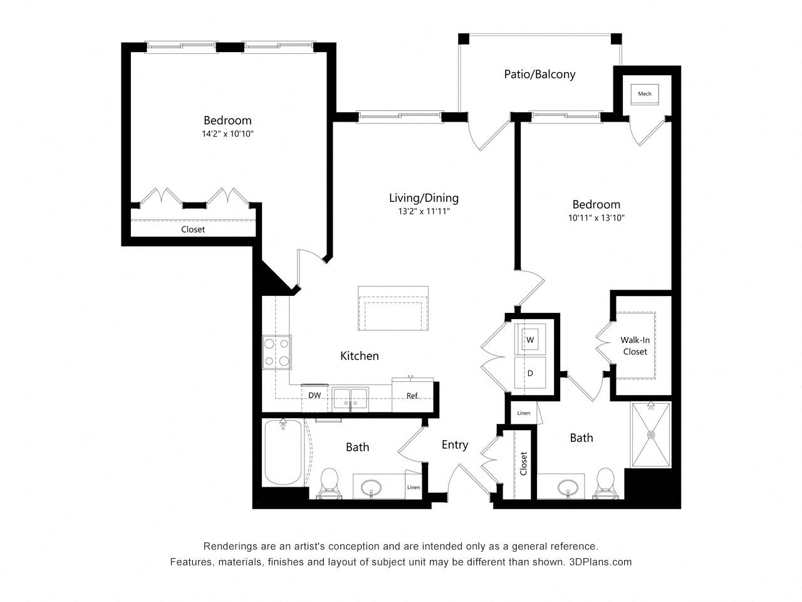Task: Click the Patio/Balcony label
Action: coord(539,74)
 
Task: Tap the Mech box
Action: coord(645,94)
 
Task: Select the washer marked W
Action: coord(530,339)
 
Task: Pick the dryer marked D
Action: coord(530,373)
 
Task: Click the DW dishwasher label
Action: coord(315,395)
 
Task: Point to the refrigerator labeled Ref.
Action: coord(412,396)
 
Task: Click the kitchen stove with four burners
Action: coord(276,352)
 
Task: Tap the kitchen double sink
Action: coord(350,399)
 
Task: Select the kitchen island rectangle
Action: coord(393,308)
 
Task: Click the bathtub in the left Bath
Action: coord(283,452)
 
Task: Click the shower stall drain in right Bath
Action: coord(651,435)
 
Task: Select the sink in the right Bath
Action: coord(568,487)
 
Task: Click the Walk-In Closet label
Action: coord(635,346)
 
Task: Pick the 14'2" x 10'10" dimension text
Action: coord(227,134)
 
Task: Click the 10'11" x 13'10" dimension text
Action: coord(596,218)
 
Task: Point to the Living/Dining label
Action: coord(424,198)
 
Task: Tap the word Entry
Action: coord(455,445)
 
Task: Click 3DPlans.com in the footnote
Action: coord(600,562)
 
